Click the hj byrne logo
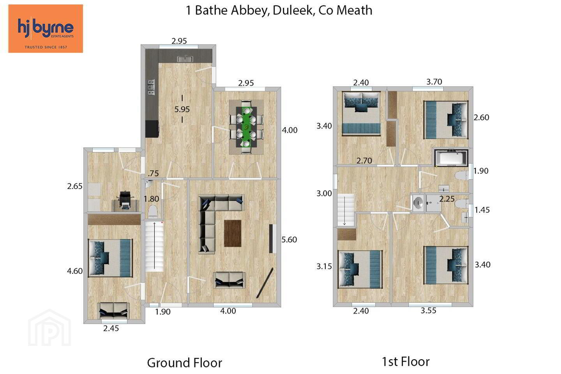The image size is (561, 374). pyautogui.click(x=46, y=28)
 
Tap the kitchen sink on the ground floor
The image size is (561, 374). pyautogui.click(x=185, y=59)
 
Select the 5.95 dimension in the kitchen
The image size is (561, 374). pyautogui.click(x=182, y=109)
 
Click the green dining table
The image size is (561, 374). pyautogui.click(x=247, y=127)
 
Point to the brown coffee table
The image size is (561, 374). pyautogui.click(x=233, y=233)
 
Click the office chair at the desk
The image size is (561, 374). pyautogui.click(x=125, y=199)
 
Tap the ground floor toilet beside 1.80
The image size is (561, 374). pyautogui.click(x=153, y=211)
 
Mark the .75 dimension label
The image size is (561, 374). pyautogui.click(x=153, y=173)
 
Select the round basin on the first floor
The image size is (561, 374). pyautogui.click(x=418, y=202)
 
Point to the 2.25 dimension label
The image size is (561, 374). pyautogui.click(x=447, y=199)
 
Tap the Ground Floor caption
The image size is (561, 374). pyautogui.click(x=185, y=363)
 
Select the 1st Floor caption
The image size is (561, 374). pyautogui.click(x=406, y=362)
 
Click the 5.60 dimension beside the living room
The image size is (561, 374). pyautogui.click(x=289, y=240)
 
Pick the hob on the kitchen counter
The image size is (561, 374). pyautogui.click(x=151, y=87)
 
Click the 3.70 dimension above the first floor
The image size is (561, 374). pyautogui.click(x=434, y=82)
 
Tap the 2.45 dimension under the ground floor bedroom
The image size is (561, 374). pyautogui.click(x=111, y=328)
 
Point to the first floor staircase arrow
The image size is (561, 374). pyautogui.click(x=345, y=211)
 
